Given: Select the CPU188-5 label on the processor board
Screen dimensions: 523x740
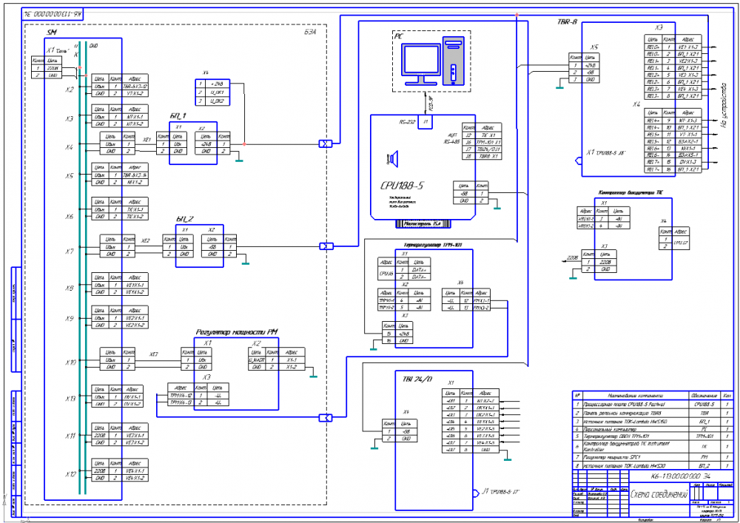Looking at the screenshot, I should [402, 185].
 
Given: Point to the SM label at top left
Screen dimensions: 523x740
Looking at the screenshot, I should [51, 34].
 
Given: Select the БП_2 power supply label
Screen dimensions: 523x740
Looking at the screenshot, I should [184, 220].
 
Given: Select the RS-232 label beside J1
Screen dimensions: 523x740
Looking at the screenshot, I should [407, 121].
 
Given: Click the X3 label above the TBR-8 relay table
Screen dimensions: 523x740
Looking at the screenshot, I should [659, 27].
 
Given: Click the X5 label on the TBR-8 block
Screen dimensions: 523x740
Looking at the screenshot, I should [594, 47].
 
